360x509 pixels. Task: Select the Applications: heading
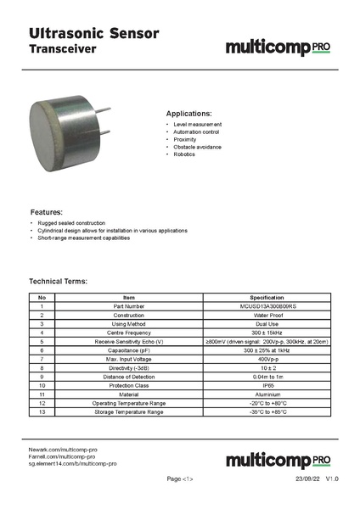pos(188,113)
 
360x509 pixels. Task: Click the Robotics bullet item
pos(184,154)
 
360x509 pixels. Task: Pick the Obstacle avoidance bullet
pos(197,147)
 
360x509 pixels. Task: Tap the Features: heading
pos(47,211)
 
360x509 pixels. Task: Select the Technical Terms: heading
pos(59,281)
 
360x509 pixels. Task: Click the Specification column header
pos(267,298)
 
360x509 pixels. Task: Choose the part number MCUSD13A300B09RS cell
pos(267,306)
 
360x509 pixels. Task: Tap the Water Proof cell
pos(267,315)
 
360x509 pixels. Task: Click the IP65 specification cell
pos(267,385)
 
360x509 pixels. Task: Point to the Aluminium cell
pos(267,394)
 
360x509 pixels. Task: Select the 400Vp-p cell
pos(267,359)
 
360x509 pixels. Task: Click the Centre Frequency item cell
pos(129,333)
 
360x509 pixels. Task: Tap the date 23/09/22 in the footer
pos(305,479)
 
